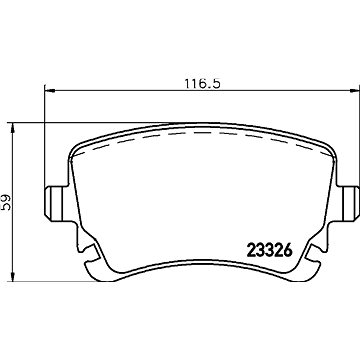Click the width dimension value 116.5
click(x=203, y=83)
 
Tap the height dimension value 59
click(x=6, y=202)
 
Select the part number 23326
click(x=269, y=250)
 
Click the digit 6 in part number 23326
click(x=288, y=250)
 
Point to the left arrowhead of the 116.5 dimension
click(x=49, y=90)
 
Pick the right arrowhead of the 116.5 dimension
click(x=354, y=90)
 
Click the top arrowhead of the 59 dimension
click(x=13, y=128)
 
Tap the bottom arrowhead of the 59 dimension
click(x=13, y=276)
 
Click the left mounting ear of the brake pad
click(x=55, y=203)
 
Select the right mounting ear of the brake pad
click(x=349, y=203)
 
